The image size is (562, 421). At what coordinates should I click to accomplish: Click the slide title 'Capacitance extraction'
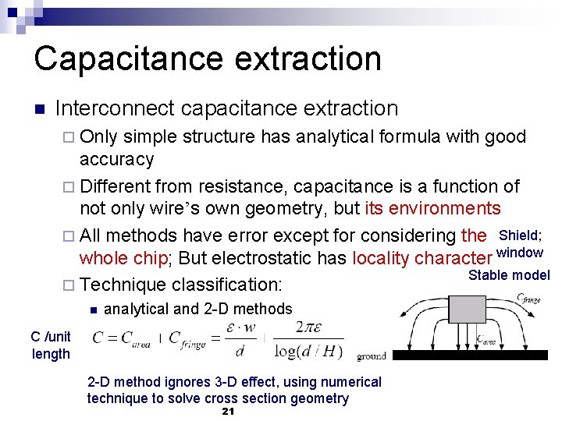pos(208,58)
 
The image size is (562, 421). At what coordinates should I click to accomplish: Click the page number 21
pos(229,412)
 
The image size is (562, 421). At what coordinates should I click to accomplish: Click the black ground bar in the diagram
pos(476,355)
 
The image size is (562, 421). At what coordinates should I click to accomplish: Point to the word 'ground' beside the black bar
pos(371,356)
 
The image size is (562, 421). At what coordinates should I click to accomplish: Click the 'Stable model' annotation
pos(509,274)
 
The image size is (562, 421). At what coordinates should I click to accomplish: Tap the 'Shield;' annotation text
pos(521,235)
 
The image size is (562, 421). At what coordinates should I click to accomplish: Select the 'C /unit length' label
pos(51,345)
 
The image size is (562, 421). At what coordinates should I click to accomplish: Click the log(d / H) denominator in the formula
pos(308,352)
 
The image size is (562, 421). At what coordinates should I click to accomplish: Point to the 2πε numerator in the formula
pos(306,329)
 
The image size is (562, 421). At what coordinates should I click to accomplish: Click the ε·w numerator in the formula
pos(239,329)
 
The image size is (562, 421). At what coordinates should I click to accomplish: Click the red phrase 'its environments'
pos(433,208)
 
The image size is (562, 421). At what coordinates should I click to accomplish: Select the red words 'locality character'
pos(422,258)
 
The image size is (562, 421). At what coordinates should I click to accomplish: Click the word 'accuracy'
pos(117,159)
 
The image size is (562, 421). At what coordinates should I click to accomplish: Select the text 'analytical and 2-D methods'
pos(197,309)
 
